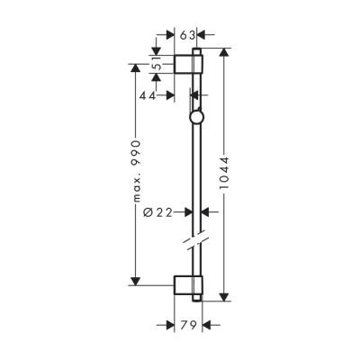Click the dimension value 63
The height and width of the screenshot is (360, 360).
pyautogui.click(x=187, y=36)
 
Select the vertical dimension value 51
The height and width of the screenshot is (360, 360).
pyautogui.click(x=156, y=65)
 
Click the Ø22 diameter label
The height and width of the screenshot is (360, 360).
pyautogui.click(x=163, y=211)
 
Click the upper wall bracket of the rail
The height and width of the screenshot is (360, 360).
pyautogui.click(x=190, y=65)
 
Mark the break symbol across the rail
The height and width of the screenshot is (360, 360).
pyautogui.click(x=197, y=244)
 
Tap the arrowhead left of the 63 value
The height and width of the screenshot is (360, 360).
pyautogui.click(x=171, y=36)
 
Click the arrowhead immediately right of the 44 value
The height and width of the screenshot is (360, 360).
pyautogui.click(x=171, y=94)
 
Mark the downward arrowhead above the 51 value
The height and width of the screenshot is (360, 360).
pyautogui.click(x=157, y=49)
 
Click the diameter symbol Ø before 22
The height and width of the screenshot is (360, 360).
pyautogui.click(x=148, y=211)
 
